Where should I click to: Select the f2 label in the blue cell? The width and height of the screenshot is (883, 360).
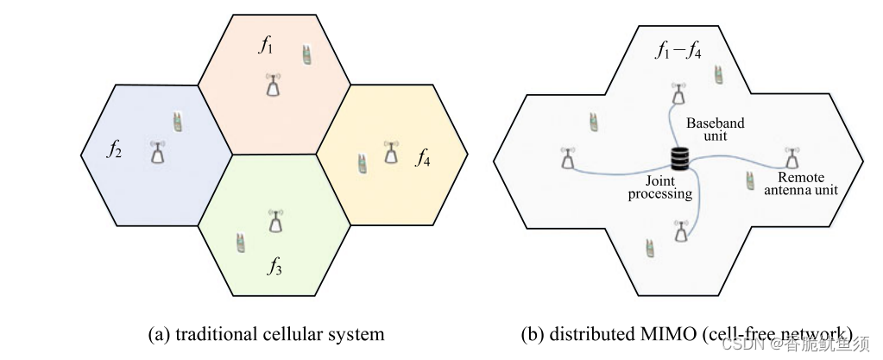114,148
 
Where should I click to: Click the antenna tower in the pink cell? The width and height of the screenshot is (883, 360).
273,85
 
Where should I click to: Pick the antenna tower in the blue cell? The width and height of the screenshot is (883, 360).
157,153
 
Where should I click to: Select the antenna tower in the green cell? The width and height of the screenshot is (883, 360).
274,222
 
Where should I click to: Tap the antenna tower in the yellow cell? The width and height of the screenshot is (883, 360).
392,152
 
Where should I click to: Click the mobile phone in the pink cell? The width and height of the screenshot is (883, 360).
306,54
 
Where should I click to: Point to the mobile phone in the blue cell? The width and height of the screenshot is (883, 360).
177,122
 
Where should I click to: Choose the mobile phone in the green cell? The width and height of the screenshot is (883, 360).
239,243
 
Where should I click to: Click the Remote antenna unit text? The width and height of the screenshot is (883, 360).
802,180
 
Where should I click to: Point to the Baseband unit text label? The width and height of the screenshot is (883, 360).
715,129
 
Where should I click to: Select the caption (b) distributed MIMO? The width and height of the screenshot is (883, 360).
686,333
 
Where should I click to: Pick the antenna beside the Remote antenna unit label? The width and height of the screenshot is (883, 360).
792,157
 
